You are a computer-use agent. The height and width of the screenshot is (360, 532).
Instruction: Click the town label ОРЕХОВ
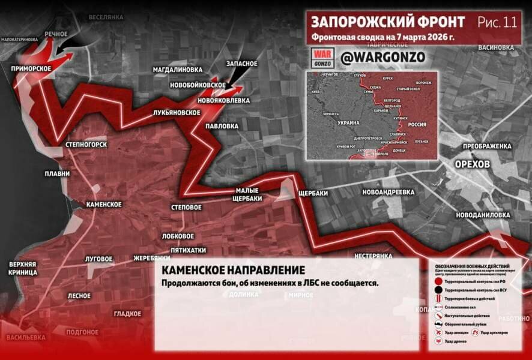[x=473, y=164]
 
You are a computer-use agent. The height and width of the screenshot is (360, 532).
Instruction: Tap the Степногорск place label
[x=86, y=145]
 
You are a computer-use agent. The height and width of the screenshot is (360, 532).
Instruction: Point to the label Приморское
[x=31, y=69]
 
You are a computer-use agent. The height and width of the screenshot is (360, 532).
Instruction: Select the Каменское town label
[x=104, y=205]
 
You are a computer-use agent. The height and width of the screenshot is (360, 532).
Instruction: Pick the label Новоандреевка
[x=388, y=192]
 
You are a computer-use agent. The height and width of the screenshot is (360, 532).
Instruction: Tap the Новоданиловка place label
[x=483, y=214]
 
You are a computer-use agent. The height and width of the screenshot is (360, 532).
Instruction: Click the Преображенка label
[x=487, y=146]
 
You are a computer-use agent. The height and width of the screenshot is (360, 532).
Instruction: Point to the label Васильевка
[x=26, y=337]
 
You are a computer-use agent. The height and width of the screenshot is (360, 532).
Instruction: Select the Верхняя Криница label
[x=23, y=268]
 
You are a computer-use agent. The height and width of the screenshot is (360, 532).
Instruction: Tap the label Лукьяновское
[x=177, y=112]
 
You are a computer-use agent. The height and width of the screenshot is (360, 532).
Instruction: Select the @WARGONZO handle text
[x=382, y=57]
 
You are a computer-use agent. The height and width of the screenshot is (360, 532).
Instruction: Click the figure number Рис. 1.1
[x=497, y=22]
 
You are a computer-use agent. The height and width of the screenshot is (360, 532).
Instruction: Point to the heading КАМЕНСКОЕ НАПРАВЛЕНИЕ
[x=233, y=271]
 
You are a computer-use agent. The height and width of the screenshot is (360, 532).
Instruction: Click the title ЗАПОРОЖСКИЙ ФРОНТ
[x=387, y=22]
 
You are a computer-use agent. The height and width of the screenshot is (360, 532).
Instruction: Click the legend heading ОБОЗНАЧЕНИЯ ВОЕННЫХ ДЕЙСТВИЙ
[x=473, y=266]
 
